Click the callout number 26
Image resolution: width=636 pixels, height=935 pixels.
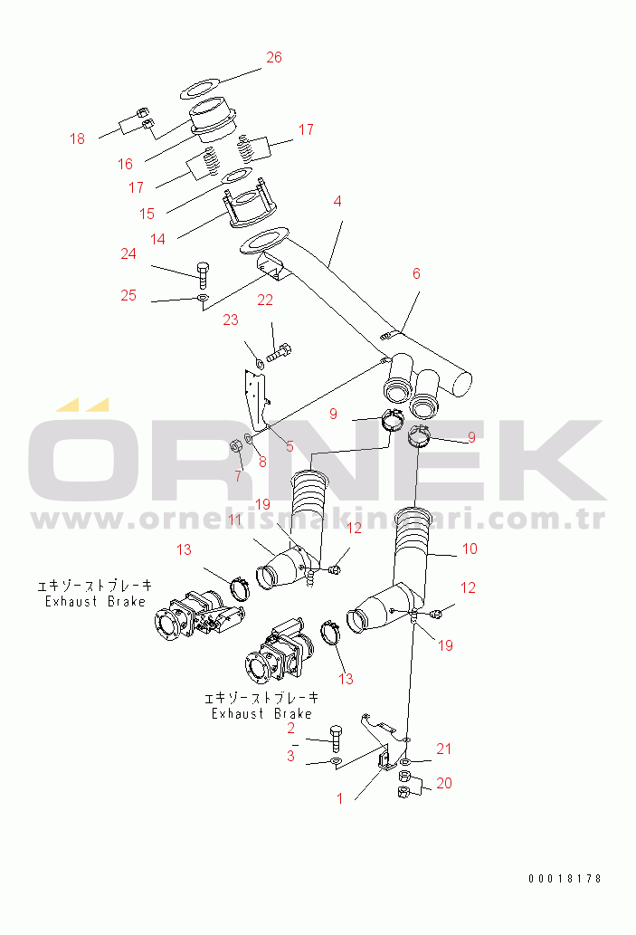pos(273,57)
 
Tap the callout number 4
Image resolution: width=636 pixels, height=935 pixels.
pos(337,202)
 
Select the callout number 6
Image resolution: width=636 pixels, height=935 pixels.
pos(416,273)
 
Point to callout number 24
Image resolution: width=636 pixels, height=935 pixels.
pos(128,254)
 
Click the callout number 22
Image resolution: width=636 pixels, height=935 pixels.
pos(265,300)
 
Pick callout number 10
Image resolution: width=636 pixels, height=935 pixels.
pos(470,549)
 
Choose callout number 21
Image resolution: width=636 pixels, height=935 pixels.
pos(443,749)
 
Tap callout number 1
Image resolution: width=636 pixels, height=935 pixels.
pos(340,798)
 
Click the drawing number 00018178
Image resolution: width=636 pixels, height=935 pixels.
pos(565,878)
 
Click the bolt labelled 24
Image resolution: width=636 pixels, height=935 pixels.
pos(202,274)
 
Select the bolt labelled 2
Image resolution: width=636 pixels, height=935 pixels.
pos(336,739)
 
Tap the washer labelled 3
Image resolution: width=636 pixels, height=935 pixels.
pos(336,761)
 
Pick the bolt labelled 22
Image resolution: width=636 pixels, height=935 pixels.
pos(278,352)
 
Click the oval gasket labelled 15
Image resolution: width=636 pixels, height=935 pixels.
pos(237,177)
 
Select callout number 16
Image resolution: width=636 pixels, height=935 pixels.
pos(125,164)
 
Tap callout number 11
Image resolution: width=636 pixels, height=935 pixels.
pos(235,520)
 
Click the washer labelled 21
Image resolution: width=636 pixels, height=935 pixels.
pos(404,762)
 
